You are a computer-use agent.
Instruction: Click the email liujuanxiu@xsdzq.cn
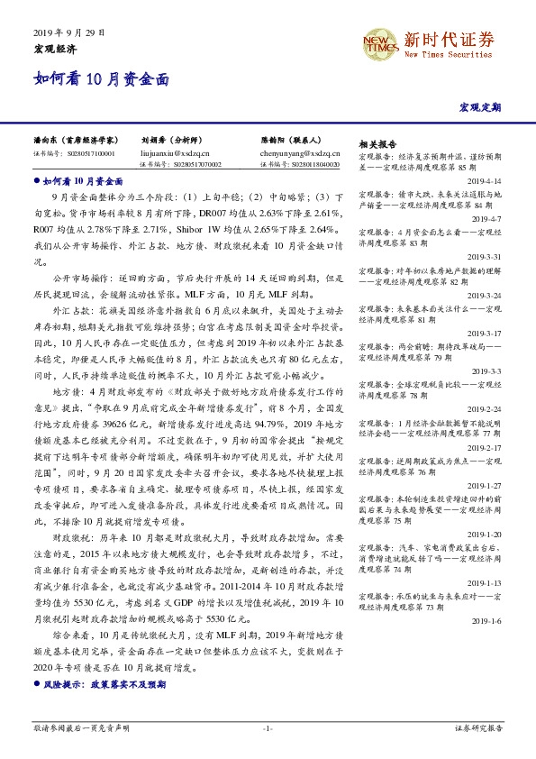(x=173, y=154)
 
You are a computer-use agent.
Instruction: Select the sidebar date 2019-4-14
(x=486, y=180)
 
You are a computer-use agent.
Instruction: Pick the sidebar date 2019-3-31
(x=486, y=256)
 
